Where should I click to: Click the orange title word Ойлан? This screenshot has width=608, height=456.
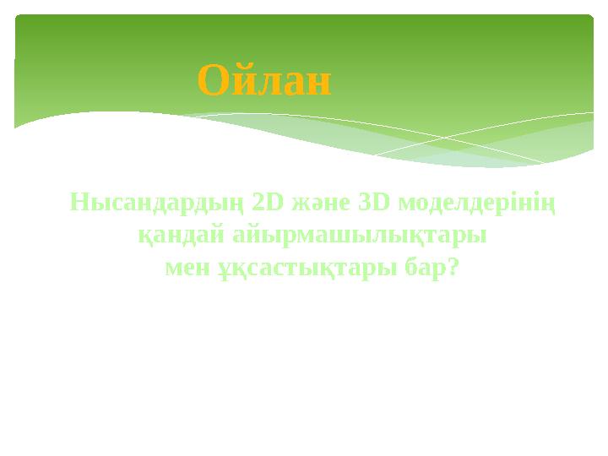click(x=264, y=82)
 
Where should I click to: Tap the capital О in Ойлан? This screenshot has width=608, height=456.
click(x=212, y=82)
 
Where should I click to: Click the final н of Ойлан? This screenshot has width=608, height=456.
click(x=319, y=84)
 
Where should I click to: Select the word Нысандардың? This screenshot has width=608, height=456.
click(x=156, y=205)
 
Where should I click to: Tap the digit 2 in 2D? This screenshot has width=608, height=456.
click(x=261, y=204)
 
